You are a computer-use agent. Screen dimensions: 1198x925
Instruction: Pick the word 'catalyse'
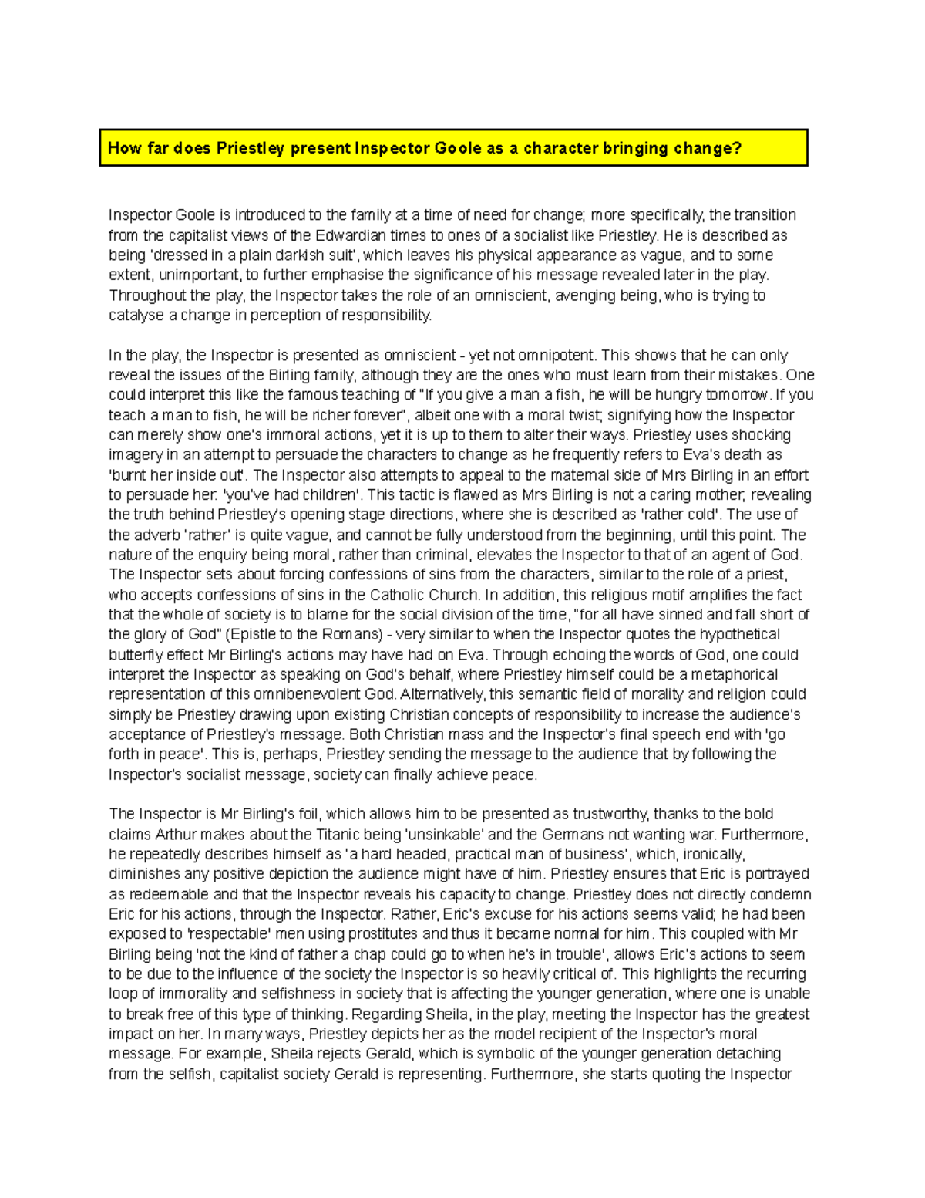coord(136,316)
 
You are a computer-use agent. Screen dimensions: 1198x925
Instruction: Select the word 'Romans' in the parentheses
coord(343,635)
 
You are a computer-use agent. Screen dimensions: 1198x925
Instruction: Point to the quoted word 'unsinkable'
coord(446,835)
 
